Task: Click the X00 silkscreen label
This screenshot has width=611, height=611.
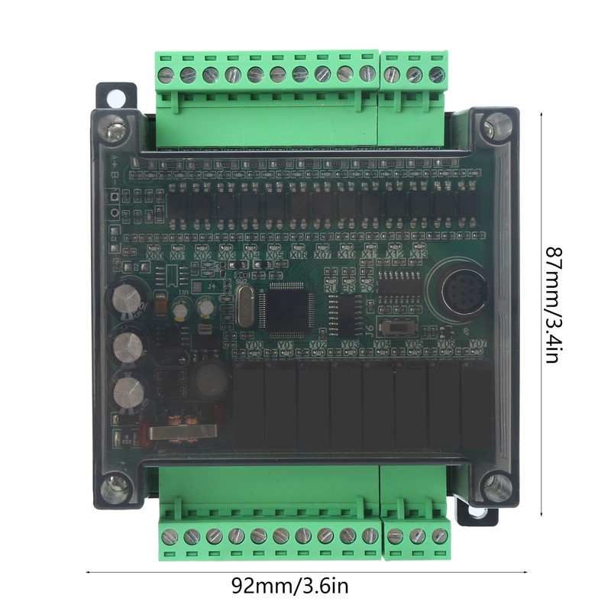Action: click(156, 256)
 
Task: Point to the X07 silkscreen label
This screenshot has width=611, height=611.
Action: click(323, 255)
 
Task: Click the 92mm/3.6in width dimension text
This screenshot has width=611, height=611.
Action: click(289, 587)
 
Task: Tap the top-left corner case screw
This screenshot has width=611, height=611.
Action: click(115, 129)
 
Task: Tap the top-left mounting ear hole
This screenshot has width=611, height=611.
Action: click(114, 97)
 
